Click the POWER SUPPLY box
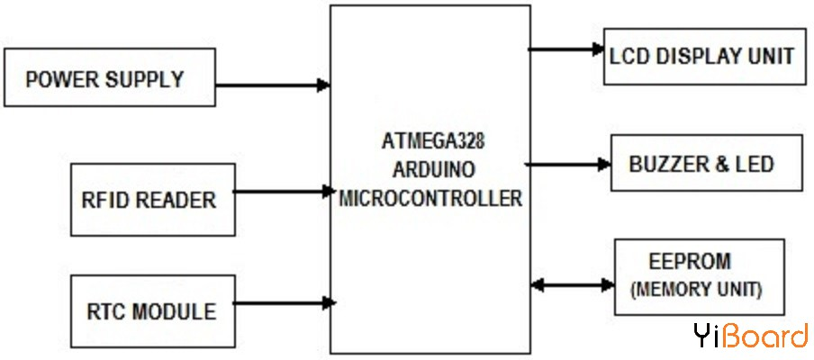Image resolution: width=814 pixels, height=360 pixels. [x=111, y=78]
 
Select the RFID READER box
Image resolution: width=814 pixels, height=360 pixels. [x=152, y=200]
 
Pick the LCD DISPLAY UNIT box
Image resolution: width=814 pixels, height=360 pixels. [x=701, y=56]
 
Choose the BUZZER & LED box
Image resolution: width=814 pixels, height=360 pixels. [x=705, y=164]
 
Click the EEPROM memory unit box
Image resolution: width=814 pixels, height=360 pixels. [x=699, y=276]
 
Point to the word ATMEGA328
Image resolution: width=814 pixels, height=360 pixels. [x=430, y=142]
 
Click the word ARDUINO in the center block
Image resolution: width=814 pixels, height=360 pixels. [x=430, y=170]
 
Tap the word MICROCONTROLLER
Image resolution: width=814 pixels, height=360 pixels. [x=430, y=198]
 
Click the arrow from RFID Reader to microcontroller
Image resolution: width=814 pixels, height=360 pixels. [x=283, y=191]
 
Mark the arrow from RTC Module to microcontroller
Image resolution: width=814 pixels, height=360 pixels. [x=283, y=302]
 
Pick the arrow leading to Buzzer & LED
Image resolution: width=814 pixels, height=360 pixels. [x=567, y=164]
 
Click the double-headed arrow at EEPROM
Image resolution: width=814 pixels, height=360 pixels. [x=573, y=284]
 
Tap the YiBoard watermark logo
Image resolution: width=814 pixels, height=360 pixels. [x=750, y=336]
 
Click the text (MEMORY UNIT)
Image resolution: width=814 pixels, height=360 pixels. [x=696, y=290]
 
